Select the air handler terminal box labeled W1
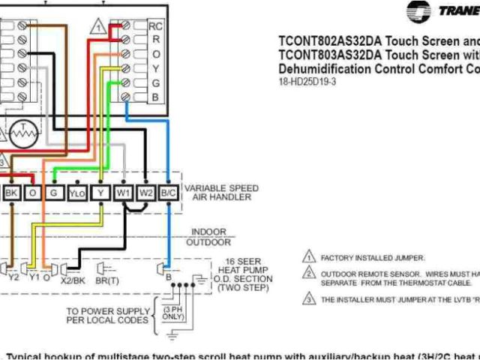point(123,193)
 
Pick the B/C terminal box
point(169,193)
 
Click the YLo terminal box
point(77,193)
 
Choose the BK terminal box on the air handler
point(11,193)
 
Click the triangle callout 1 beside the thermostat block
point(98,27)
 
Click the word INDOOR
point(208,232)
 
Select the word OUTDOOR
point(208,242)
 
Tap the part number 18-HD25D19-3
point(308,82)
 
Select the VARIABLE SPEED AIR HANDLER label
point(221,193)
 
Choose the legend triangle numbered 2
point(307,274)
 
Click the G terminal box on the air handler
point(54,193)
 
